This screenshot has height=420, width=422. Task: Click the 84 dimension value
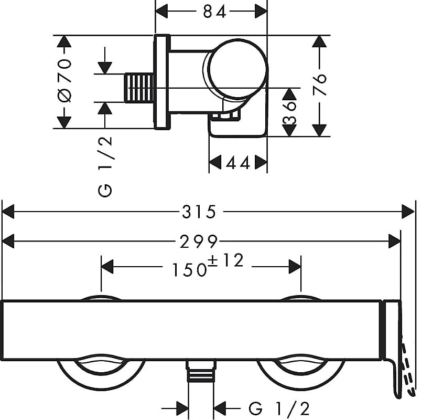coord(214,11)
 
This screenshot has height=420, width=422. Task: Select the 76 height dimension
coord(321,84)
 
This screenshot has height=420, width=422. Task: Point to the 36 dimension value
coord(289,112)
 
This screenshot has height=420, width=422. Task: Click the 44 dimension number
coord(237,163)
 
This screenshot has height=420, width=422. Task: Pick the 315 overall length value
coord(199,212)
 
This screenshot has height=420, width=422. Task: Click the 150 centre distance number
coord(188,269)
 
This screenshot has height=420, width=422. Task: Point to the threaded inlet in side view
coord(139,88)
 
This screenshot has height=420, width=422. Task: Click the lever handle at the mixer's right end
coord(392,346)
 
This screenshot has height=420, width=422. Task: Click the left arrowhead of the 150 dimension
coord(107,267)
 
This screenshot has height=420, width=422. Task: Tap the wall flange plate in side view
coord(162,82)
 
